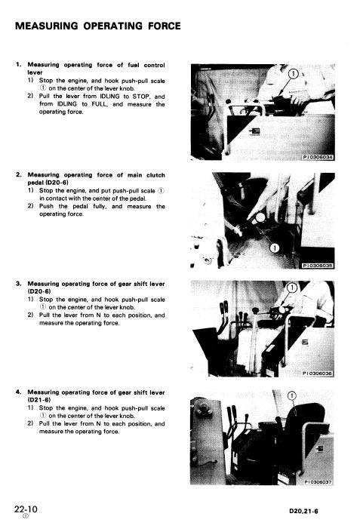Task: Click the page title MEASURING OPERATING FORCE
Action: point(97,26)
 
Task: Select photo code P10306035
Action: point(318,265)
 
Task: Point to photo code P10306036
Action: point(318,372)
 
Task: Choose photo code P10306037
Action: point(318,479)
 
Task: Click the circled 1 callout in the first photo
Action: point(292,73)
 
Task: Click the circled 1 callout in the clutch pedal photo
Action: point(275,248)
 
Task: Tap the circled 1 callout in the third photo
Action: point(291,288)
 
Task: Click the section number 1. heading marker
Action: point(18,65)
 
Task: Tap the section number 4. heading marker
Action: point(18,392)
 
